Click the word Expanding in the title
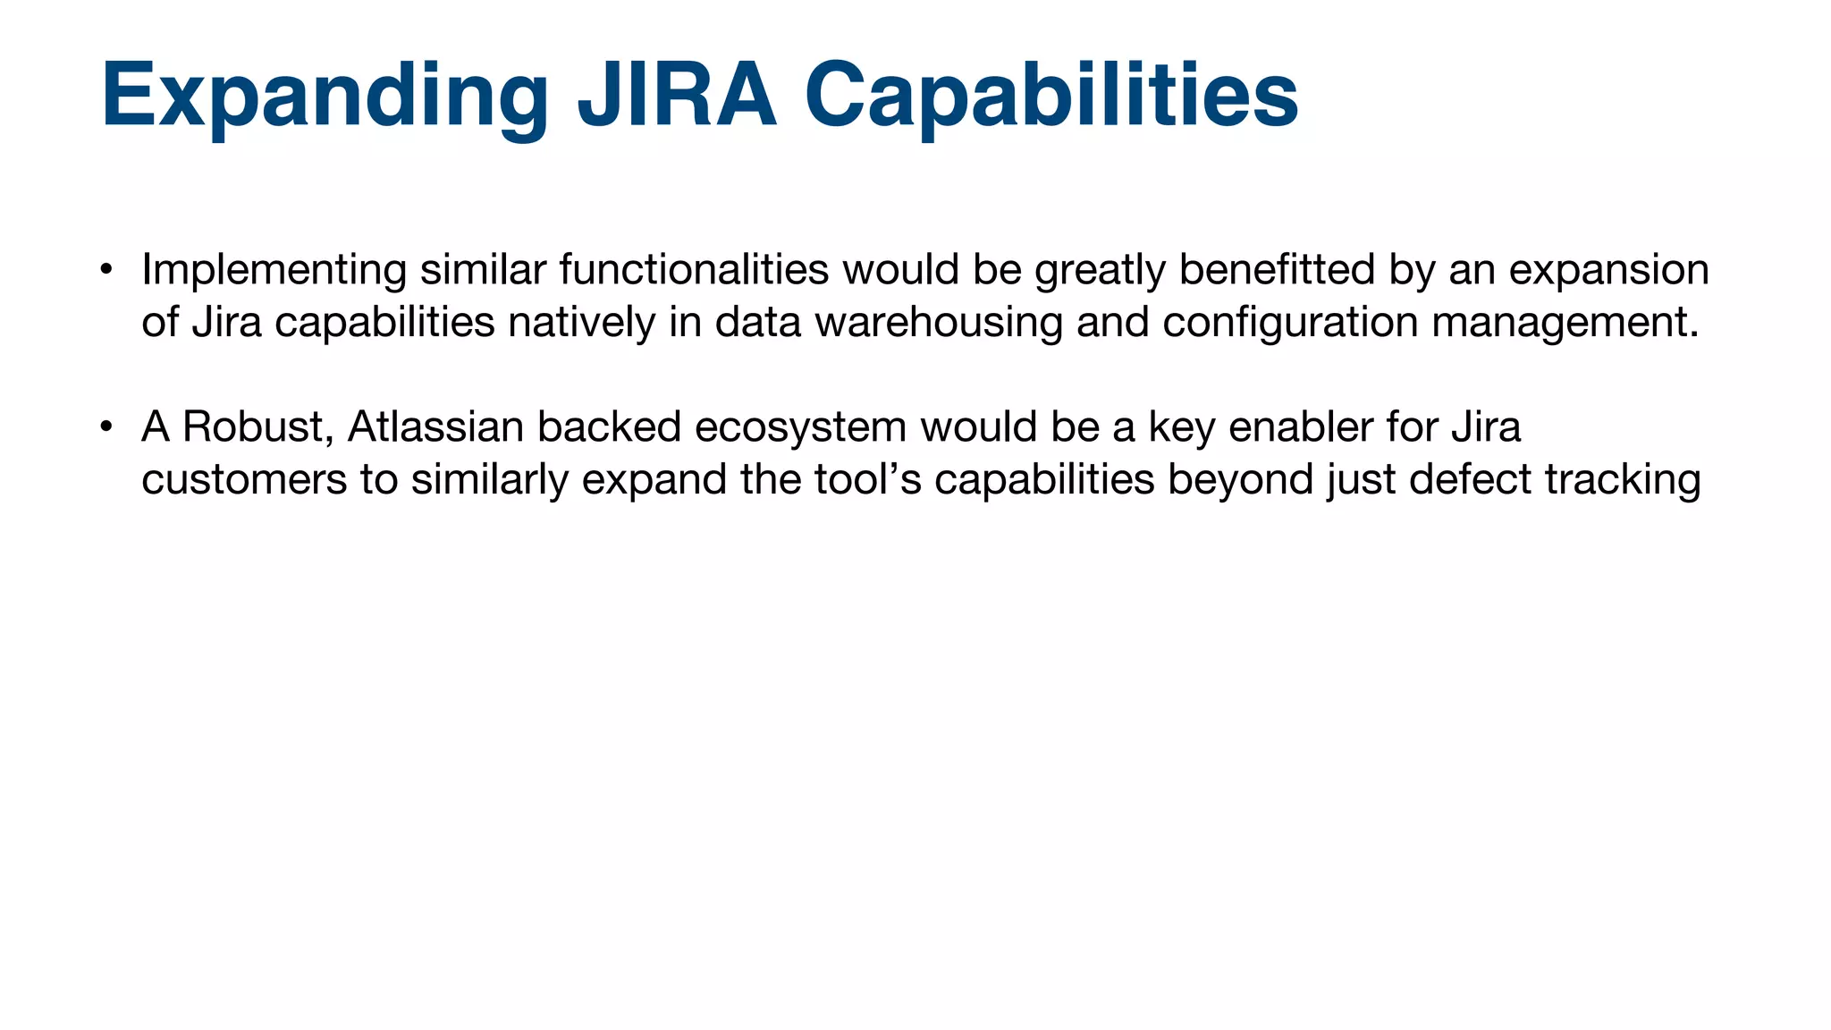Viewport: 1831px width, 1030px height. coord(325,97)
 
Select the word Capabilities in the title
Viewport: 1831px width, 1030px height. coord(1051,97)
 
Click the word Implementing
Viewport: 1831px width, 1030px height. coord(274,270)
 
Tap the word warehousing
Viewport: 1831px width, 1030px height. coord(939,323)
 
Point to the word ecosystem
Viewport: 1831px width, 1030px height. coord(800,428)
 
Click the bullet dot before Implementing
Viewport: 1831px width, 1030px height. coord(105,269)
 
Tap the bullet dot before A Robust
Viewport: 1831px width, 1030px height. coord(105,426)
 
